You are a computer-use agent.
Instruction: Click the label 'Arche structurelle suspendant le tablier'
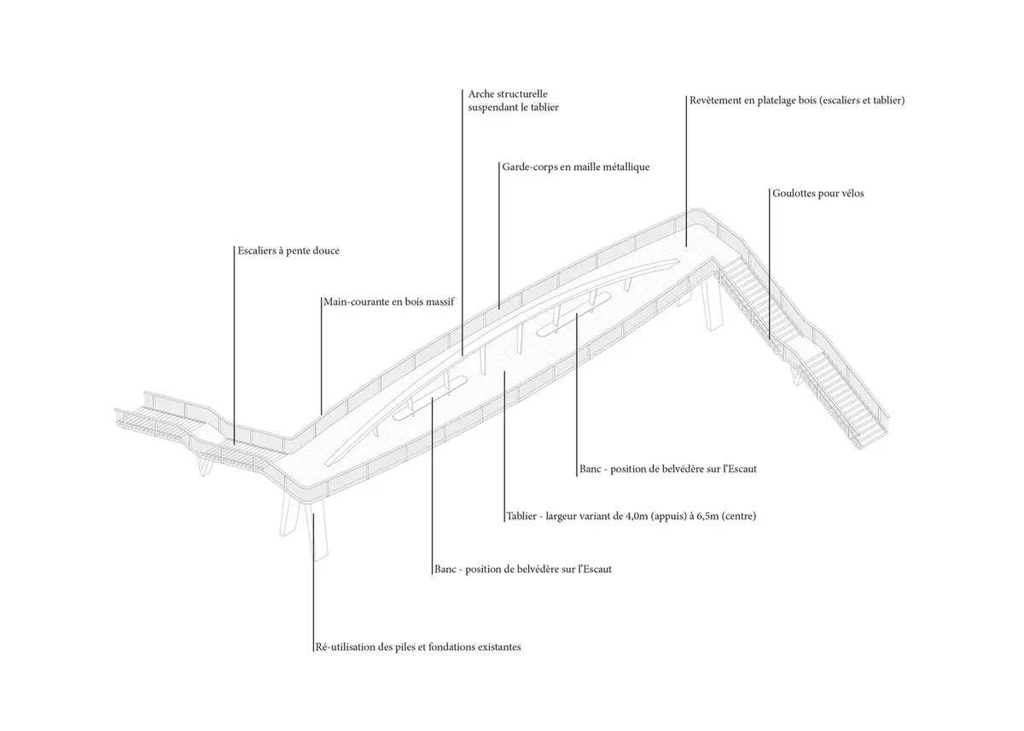pos(514,100)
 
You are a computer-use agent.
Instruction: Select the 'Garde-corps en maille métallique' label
pos(575,167)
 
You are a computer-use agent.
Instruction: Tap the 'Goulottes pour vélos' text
pos(817,194)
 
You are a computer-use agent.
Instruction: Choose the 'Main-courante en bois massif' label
pos(390,301)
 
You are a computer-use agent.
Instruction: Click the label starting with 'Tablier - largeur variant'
pos(631,517)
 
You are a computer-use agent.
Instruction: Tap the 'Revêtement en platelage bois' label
pos(796,101)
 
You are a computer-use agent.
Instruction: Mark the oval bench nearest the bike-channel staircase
pos(573,312)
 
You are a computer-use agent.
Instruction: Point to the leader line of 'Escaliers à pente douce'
pos(235,342)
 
